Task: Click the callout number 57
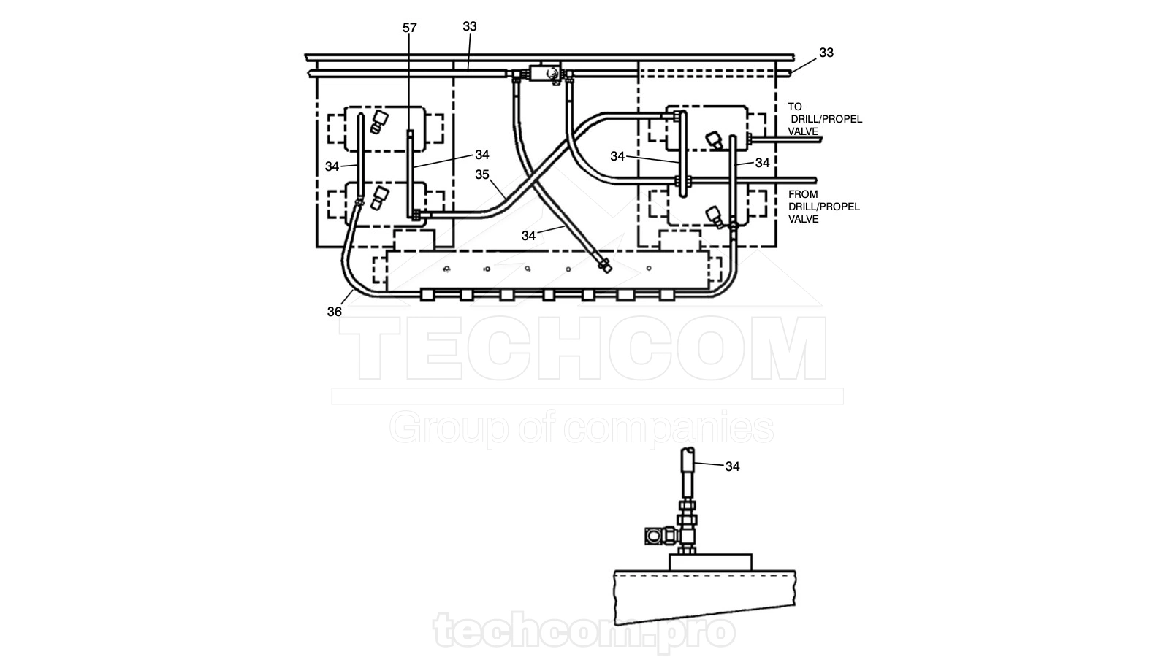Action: coord(410,28)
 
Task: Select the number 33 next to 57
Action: coord(470,26)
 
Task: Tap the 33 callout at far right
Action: coord(826,52)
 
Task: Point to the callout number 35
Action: coord(482,174)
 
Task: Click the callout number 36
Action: coord(335,311)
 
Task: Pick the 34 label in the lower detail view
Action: coord(733,466)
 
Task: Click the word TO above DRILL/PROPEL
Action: coord(795,107)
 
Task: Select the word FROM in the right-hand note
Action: coord(803,194)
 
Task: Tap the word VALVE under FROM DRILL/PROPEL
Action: coord(804,219)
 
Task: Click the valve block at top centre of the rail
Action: coord(544,73)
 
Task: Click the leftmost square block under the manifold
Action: coord(427,295)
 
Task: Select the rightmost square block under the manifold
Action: coord(667,295)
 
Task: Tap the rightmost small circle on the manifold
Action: coord(649,268)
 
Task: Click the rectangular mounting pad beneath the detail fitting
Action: coord(710,562)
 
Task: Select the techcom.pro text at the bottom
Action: coord(584,631)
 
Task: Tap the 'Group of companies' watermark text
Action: coord(582,429)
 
